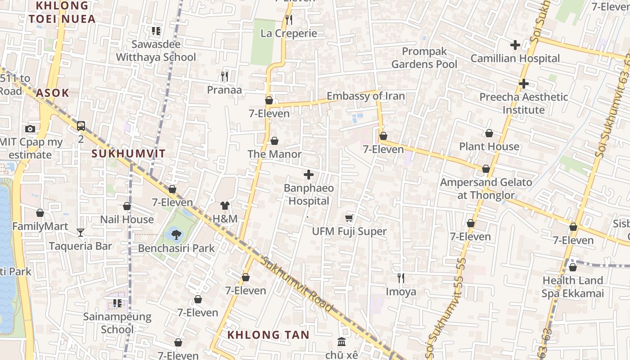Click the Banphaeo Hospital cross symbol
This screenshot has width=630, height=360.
click(x=309, y=175)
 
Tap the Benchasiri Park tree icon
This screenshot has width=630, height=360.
click(x=176, y=234)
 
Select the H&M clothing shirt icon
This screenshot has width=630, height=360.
click(x=225, y=206)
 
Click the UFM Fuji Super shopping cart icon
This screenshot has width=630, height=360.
click(x=349, y=218)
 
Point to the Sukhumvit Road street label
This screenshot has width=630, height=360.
click(x=297, y=284)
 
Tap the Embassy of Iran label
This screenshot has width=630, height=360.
click(x=365, y=96)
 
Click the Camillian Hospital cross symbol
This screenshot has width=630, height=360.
click(x=515, y=45)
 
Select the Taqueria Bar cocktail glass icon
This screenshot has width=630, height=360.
click(x=81, y=233)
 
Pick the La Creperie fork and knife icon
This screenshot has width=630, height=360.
click(x=289, y=20)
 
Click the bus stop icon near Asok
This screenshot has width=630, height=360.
click(x=81, y=126)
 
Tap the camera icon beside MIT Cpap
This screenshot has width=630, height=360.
click(x=30, y=129)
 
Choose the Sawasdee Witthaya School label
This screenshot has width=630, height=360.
click(x=156, y=51)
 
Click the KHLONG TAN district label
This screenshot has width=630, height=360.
click(x=268, y=335)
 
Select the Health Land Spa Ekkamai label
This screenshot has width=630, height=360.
click(x=572, y=287)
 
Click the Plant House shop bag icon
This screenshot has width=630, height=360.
click(x=489, y=133)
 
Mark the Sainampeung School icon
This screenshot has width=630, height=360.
click(x=117, y=303)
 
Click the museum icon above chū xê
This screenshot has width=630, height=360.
click(x=342, y=342)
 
